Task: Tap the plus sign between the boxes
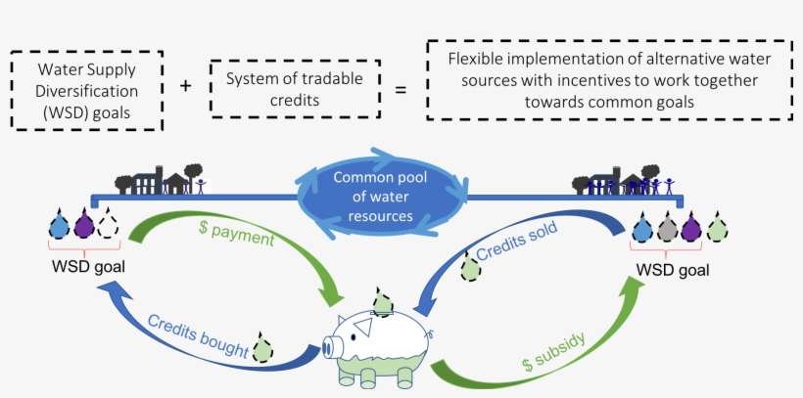click(x=185, y=87)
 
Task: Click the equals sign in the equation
click(x=401, y=89)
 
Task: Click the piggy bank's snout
click(x=331, y=343)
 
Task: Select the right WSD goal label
click(x=671, y=267)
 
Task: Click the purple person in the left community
click(x=201, y=185)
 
